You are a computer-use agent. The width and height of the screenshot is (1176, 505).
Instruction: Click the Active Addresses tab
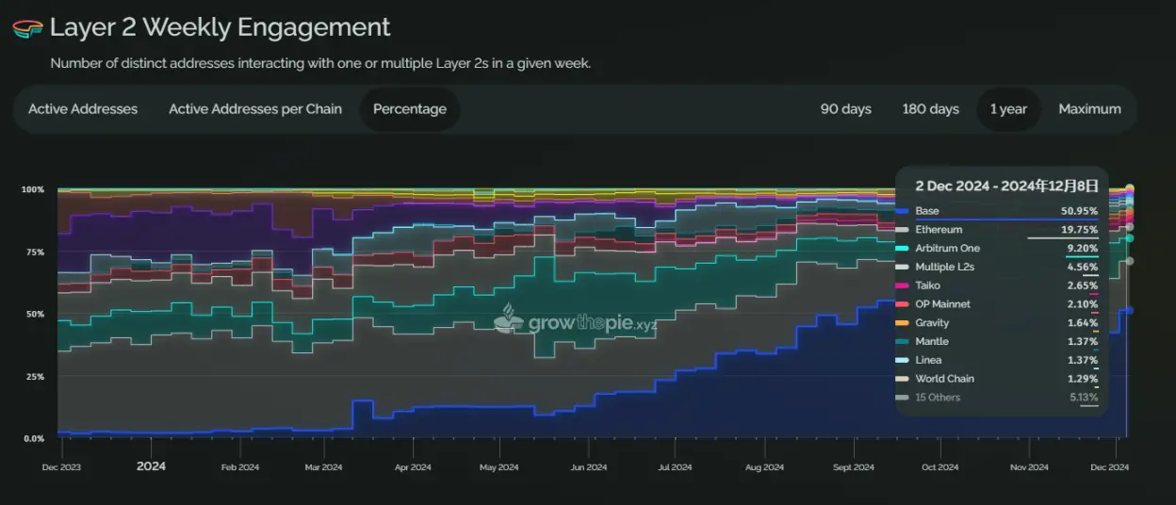(83, 109)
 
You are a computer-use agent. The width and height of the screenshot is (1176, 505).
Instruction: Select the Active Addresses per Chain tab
(255, 109)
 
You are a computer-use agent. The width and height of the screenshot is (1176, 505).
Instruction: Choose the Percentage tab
(410, 109)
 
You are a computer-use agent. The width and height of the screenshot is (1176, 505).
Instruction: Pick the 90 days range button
(845, 109)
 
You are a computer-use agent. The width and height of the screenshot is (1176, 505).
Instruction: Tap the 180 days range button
(930, 109)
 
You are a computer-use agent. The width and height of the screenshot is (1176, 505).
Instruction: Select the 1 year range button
(1008, 109)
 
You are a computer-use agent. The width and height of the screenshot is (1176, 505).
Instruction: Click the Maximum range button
(1089, 109)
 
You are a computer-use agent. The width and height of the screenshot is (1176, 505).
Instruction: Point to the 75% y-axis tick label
(33, 252)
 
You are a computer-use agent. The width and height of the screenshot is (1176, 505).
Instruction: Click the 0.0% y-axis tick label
(33, 438)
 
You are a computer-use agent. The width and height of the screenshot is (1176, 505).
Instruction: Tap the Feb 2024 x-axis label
(239, 467)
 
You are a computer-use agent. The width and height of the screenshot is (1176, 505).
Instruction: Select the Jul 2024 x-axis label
(675, 467)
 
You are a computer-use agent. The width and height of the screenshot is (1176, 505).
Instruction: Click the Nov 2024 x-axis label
(1029, 467)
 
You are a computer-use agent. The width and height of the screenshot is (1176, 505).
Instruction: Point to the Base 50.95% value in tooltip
(1078, 211)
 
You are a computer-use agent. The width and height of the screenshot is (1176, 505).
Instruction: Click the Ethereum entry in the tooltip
(939, 230)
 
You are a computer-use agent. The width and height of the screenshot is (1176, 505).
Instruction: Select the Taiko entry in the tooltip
(928, 285)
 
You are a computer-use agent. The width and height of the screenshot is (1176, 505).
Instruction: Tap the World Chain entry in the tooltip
(944, 379)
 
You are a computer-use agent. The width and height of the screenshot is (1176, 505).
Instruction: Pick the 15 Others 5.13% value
(1083, 398)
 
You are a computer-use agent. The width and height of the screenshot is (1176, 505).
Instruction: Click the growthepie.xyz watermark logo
(576, 322)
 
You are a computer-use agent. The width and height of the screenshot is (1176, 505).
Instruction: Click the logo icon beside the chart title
(27, 28)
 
